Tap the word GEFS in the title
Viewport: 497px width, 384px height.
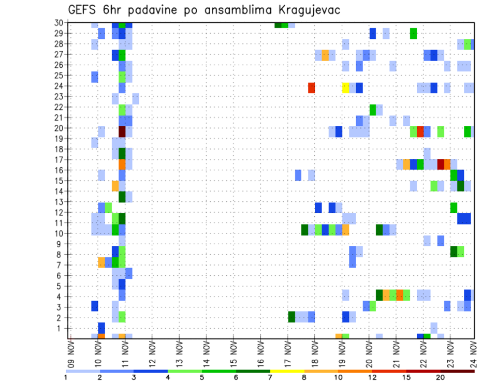coord(83,10)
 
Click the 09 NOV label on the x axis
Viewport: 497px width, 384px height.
coord(70,352)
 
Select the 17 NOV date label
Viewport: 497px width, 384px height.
coord(287,352)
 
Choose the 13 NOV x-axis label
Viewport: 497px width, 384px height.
coord(179,352)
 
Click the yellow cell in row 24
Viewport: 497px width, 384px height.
coord(346,87)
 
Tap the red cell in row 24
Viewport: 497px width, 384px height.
coord(312,87)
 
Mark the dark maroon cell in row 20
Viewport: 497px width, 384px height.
coord(122,131)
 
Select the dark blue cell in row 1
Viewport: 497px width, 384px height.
coord(101,328)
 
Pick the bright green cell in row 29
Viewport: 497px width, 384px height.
coord(413,33)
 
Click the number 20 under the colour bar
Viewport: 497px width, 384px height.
coord(441,377)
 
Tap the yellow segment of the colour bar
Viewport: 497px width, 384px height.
coord(287,371)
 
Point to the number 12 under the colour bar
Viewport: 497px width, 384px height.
coord(373,377)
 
